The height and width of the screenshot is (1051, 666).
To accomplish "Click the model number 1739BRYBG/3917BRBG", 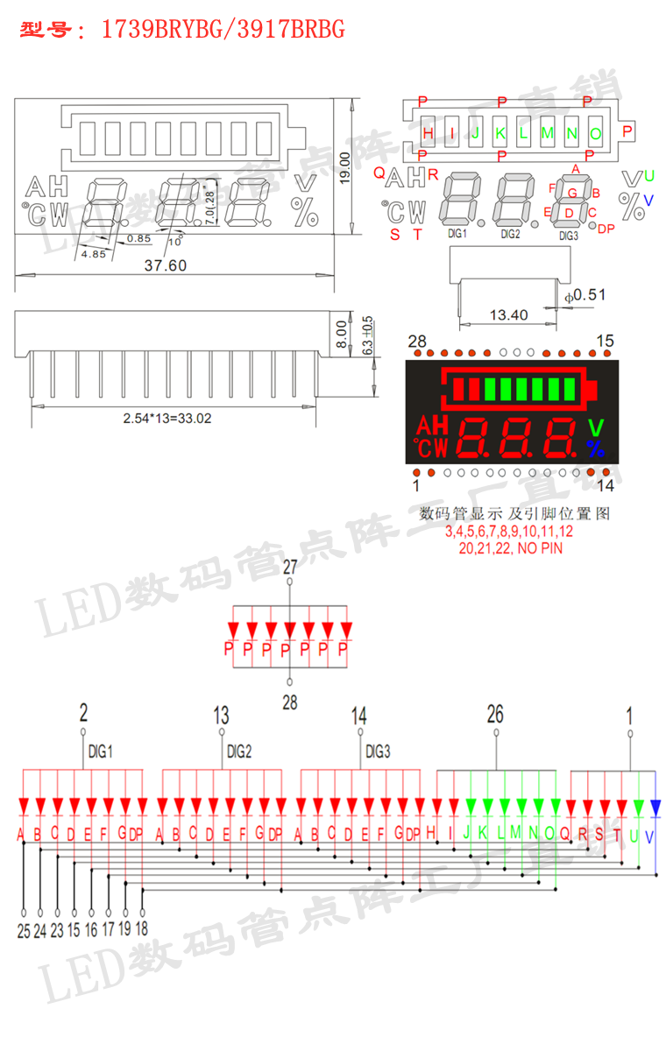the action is coord(223,31).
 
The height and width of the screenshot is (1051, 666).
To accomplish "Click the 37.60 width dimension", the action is coord(165,265).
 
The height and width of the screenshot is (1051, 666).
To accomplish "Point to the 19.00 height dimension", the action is coord(344,166).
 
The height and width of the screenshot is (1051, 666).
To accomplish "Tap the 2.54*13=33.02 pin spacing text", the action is coord(166,419).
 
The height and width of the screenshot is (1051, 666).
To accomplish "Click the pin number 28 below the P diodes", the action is coord(290,702).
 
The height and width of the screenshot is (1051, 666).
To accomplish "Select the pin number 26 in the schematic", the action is coord(495,715).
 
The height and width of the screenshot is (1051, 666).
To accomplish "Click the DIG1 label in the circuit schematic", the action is coord(101,751).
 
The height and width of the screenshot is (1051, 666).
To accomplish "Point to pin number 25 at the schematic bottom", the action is coord(24,930).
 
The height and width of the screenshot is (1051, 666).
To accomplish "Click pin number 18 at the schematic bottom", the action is coord(141,930).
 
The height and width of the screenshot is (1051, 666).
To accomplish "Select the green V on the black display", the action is coord(596,428).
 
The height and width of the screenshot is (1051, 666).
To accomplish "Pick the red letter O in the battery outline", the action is coord(596,134).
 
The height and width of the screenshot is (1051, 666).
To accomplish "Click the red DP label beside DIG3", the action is coord(606,229).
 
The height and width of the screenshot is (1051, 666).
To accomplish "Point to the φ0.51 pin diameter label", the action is coord(585,295).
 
